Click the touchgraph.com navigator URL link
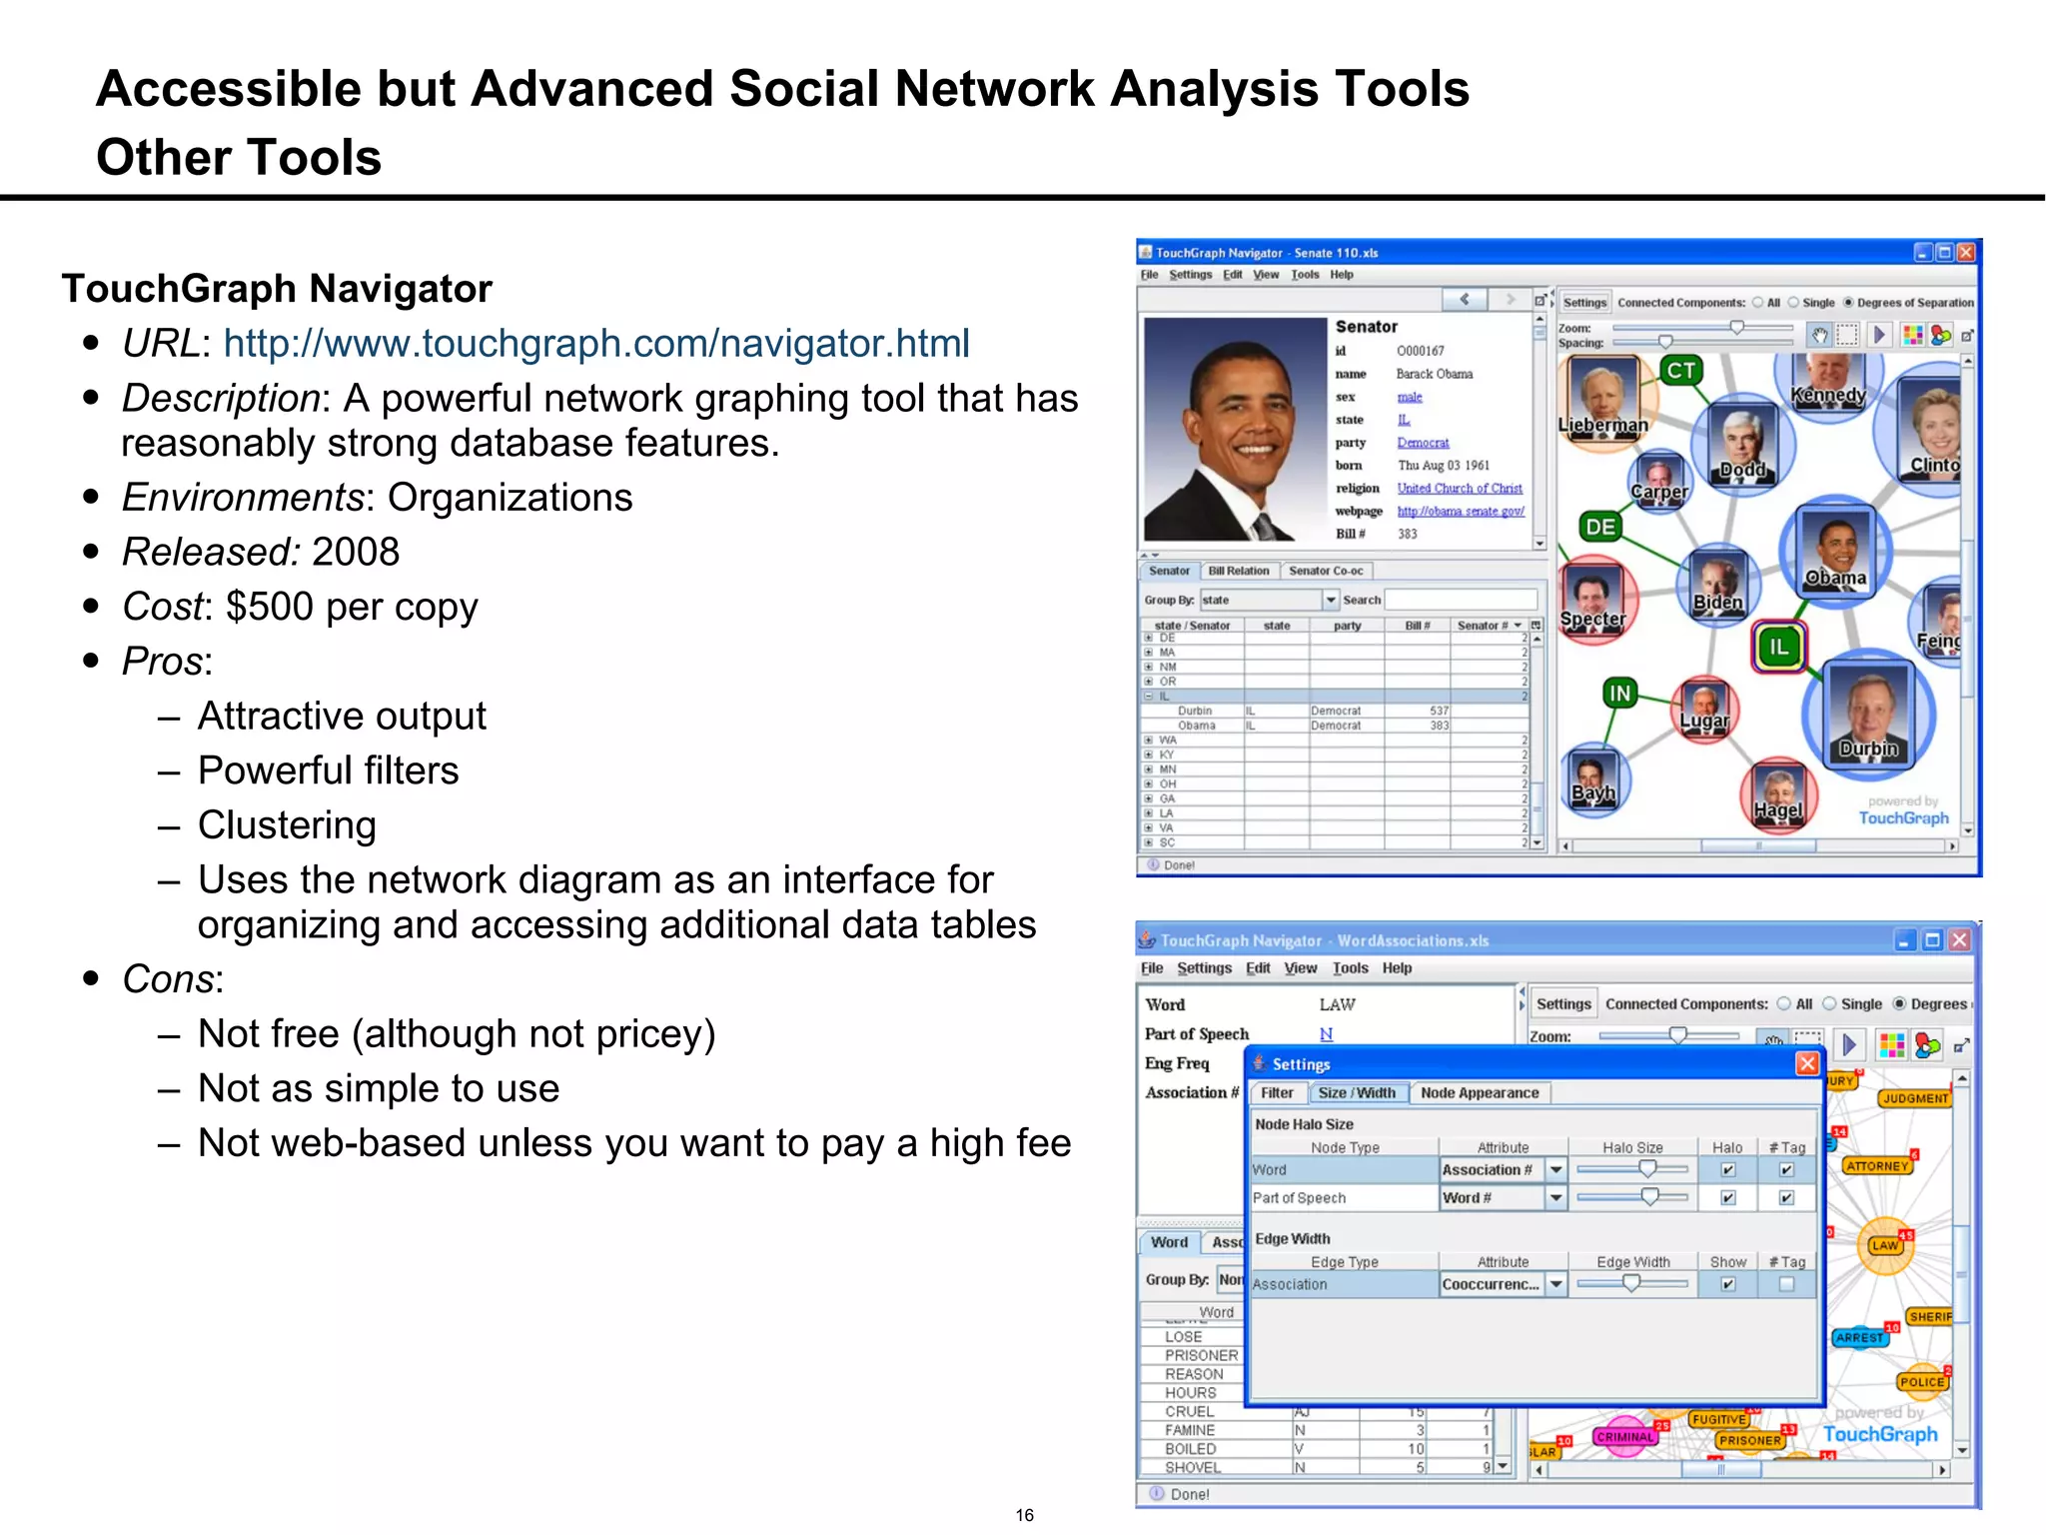tap(595, 344)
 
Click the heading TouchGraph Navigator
tap(277, 289)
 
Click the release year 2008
tap(355, 552)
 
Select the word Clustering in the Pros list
tap(287, 825)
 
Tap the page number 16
tap(1024, 1515)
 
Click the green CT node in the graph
tap(1681, 371)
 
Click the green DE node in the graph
tap(1599, 527)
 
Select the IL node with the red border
tap(1778, 647)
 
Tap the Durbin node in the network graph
tap(1867, 714)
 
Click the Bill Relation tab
tap(1238, 571)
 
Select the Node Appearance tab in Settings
tap(1479, 1093)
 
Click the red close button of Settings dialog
tap(1806, 1063)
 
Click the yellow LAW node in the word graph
tap(1884, 1245)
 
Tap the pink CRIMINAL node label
tap(1624, 1437)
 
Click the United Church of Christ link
tap(1459, 489)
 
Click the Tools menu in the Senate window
tap(1304, 275)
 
